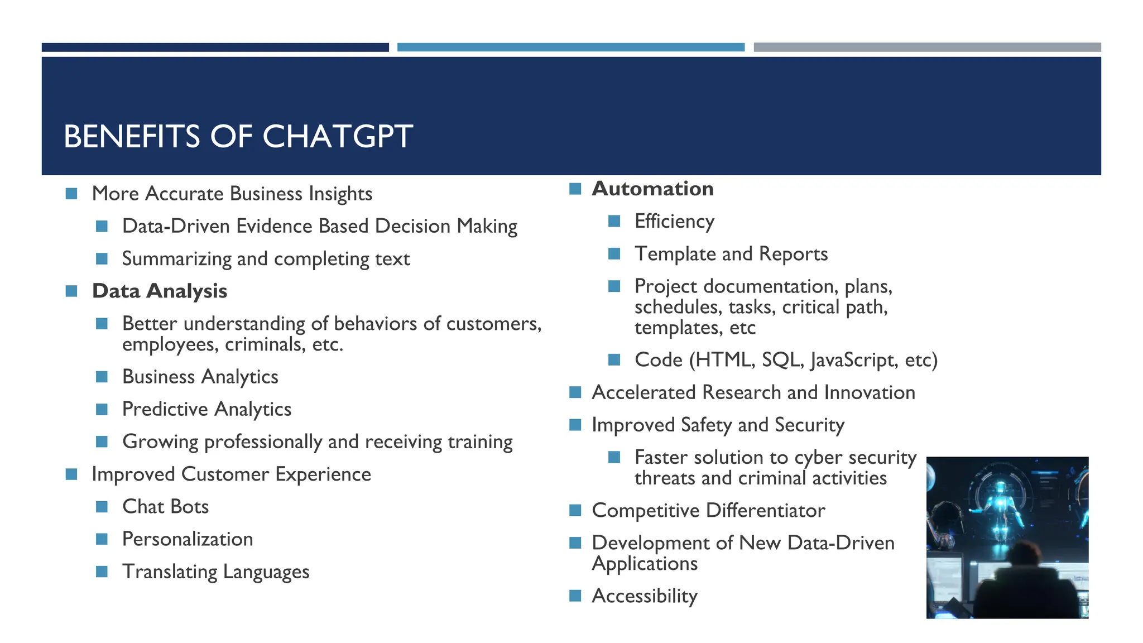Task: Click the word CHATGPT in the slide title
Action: [337, 137]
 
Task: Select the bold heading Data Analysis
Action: [160, 291]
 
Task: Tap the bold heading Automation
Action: [652, 189]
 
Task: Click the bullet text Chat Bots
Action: [165, 506]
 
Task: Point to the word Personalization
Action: [188, 539]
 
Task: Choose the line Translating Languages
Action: [215, 572]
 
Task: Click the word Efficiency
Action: [674, 221]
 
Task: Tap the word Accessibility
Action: [645, 596]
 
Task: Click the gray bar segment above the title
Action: [926, 47]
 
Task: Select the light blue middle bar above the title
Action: [570, 47]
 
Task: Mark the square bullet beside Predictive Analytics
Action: [102, 409]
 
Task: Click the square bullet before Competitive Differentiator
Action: [575, 510]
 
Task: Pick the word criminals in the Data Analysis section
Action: [265, 344]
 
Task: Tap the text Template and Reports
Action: [731, 254]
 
